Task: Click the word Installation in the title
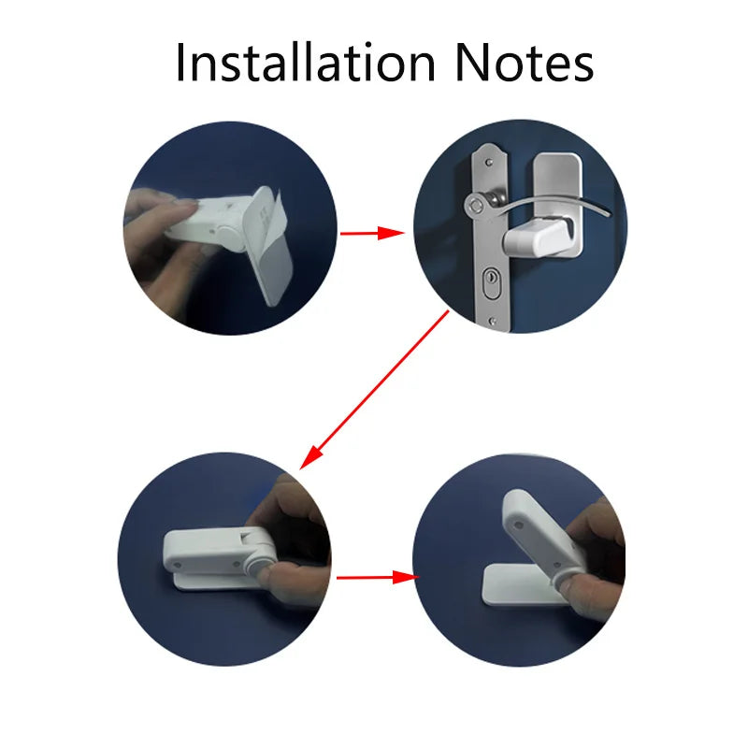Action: [306, 63]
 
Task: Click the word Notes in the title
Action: [525, 63]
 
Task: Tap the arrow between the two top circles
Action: [372, 233]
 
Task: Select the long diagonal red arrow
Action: [375, 390]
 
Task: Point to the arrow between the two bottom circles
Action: [378, 578]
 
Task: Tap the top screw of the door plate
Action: [489, 163]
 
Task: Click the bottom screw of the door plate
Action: [493, 321]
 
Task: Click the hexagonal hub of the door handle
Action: [476, 206]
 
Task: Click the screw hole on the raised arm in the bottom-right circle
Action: [519, 525]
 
